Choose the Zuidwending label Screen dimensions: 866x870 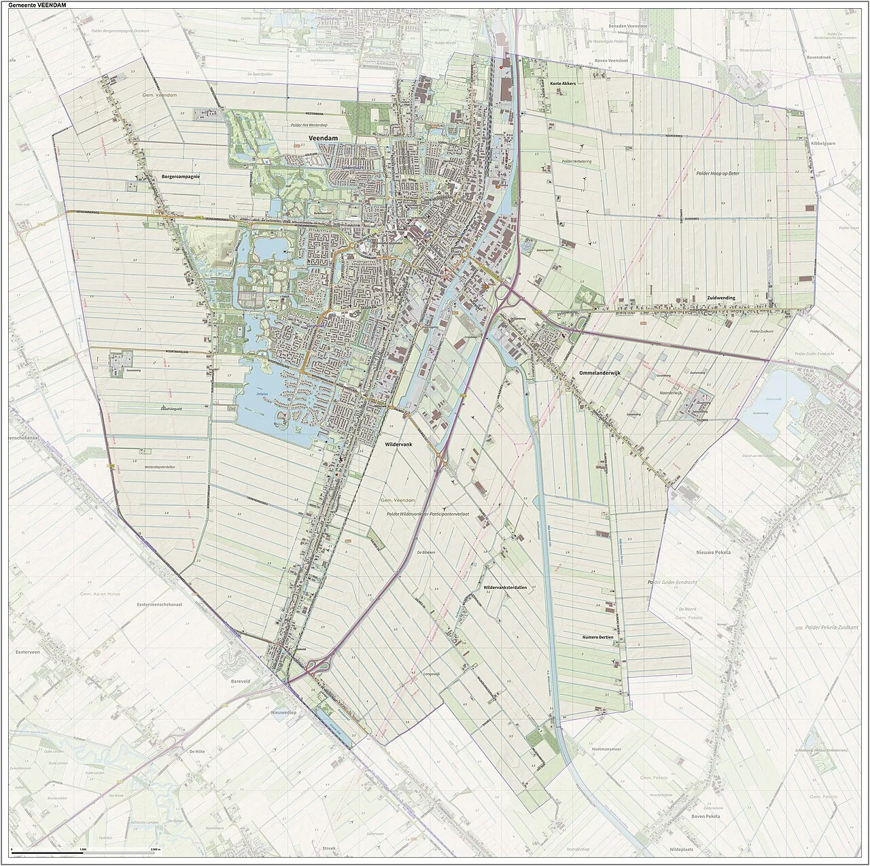(722, 298)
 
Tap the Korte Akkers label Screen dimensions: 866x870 (563, 83)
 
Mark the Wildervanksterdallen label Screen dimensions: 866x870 (504, 587)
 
